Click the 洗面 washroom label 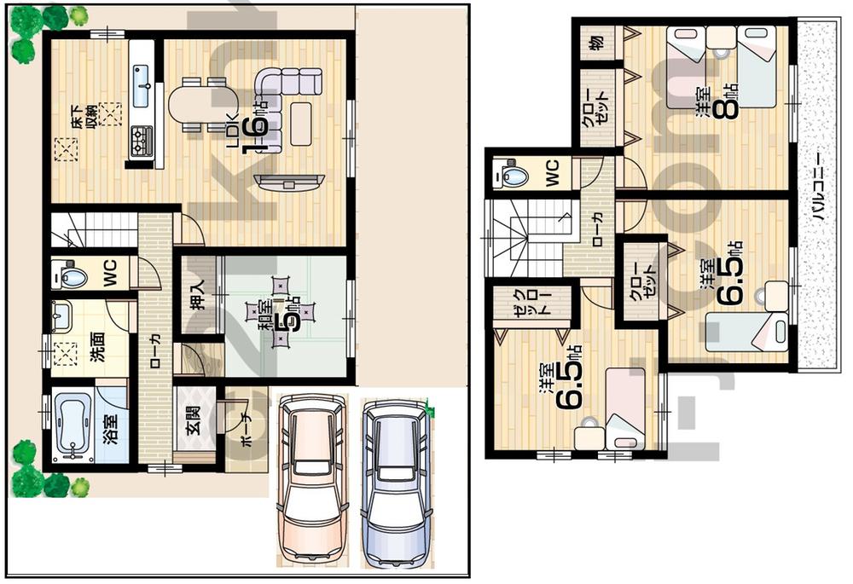pos(97,345)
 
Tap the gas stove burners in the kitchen pos(141,140)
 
